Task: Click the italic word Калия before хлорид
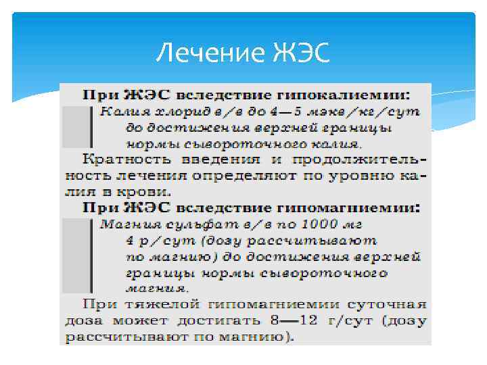pos(116,110)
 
